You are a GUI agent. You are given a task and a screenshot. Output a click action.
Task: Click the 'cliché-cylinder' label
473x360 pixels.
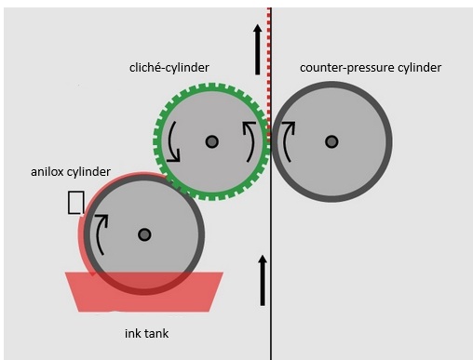tap(169, 68)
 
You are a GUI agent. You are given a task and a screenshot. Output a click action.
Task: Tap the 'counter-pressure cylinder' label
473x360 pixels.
tap(371, 68)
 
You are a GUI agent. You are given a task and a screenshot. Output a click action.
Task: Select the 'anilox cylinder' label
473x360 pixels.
tap(71, 172)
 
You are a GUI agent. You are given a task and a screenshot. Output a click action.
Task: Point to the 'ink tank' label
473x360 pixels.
tap(147, 334)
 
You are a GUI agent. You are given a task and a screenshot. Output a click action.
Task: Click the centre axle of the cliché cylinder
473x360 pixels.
tap(212, 141)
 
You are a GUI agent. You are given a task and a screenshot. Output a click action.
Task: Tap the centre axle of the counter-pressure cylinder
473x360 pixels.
tap(331, 141)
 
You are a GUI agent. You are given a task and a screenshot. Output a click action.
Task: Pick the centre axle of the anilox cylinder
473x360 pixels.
tap(144, 234)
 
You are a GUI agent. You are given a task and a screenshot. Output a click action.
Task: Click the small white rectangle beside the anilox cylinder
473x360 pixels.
tap(75, 203)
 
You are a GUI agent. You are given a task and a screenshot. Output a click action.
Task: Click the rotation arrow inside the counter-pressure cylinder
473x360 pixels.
tap(285, 141)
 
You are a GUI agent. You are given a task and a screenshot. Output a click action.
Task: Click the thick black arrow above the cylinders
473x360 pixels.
tap(257, 49)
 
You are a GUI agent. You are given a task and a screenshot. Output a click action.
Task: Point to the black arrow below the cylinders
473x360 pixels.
tap(263, 281)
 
